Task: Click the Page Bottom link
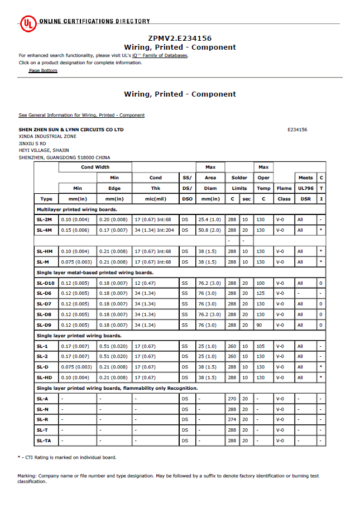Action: click(43, 70)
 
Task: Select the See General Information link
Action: click(81, 115)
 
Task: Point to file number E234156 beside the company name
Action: click(297, 130)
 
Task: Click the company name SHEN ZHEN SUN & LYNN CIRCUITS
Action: click(71, 130)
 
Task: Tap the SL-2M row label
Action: click(44, 219)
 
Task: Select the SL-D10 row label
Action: click(45, 283)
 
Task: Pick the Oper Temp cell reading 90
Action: click(260, 325)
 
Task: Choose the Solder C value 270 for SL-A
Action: click(232, 398)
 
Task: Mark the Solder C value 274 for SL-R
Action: click(232, 419)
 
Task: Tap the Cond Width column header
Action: click(95, 167)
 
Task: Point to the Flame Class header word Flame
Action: click(284, 188)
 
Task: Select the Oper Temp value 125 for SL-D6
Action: click(260, 293)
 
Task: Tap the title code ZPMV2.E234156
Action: click(180, 39)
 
